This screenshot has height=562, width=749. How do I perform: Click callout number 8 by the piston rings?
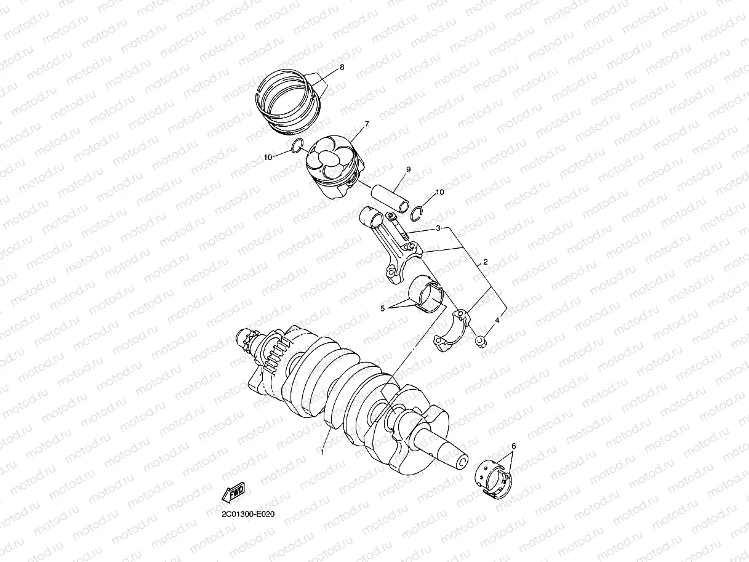pyautogui.click(x=342, y=66)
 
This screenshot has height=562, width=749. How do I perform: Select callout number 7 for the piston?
pyautogui.click(x=366, y=124)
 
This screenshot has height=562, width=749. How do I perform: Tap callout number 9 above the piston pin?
pyautogui.click(x=407, y=169)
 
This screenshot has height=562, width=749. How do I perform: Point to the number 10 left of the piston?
pyautogui.click(x=268, y=158)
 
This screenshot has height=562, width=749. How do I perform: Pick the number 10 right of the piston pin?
pyautogui.click(x=439, y=193)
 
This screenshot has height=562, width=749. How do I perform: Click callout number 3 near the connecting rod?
pyautogui.click(x=438, y=228)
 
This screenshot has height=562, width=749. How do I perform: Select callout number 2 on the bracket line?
pyautogui.click(x=485, y=262)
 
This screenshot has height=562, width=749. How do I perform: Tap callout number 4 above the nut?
pyautogui.click(x=497, y=320)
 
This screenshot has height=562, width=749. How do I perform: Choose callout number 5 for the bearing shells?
pyautogui.click(x=383, y=308)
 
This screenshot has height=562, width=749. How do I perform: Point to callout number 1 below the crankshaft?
pyautogui.click(x=321, y=451)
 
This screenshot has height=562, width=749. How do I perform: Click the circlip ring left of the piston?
pyautogui.click(x=295, y=147)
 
